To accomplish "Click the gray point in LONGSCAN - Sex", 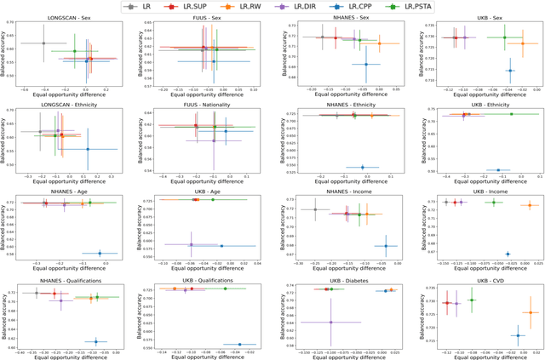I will click(x=43, y=43).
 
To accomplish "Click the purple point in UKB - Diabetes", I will click(x=329, y=322).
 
